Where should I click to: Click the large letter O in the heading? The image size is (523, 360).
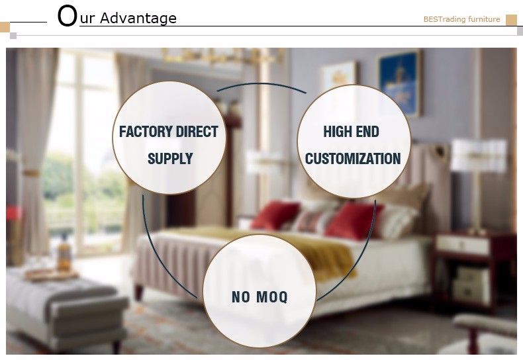click(x=68, y=16)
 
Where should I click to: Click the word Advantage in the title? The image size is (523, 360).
click(x=138, y=19)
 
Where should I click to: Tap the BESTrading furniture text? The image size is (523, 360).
click(x=461, y=19)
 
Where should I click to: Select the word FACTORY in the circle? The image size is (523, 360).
click(x=146, y=131)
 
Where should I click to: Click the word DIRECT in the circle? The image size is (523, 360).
click(x=197, y=131)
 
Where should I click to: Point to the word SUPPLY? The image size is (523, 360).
click(x=170, y=158)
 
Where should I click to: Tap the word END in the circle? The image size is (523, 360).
click(x=366, y=131)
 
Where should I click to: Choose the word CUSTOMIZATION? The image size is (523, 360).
click(x=353, y=158)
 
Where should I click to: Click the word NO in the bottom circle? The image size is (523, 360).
click(x=241, y=296)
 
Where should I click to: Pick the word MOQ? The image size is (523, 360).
click(x=273, y=296)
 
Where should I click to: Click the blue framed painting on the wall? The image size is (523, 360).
click(x=399, y=83)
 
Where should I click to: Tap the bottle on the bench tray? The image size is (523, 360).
click(x=64, y=253)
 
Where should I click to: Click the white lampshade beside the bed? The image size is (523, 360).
click(x=478, y=156)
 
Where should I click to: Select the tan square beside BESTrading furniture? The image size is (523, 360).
click(x=511, y=20)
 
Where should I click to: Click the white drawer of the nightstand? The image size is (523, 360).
click(x=463, y=244)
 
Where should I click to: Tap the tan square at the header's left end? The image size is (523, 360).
click(x=5, y=27)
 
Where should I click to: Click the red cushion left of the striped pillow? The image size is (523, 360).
click(x=275, y=215)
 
